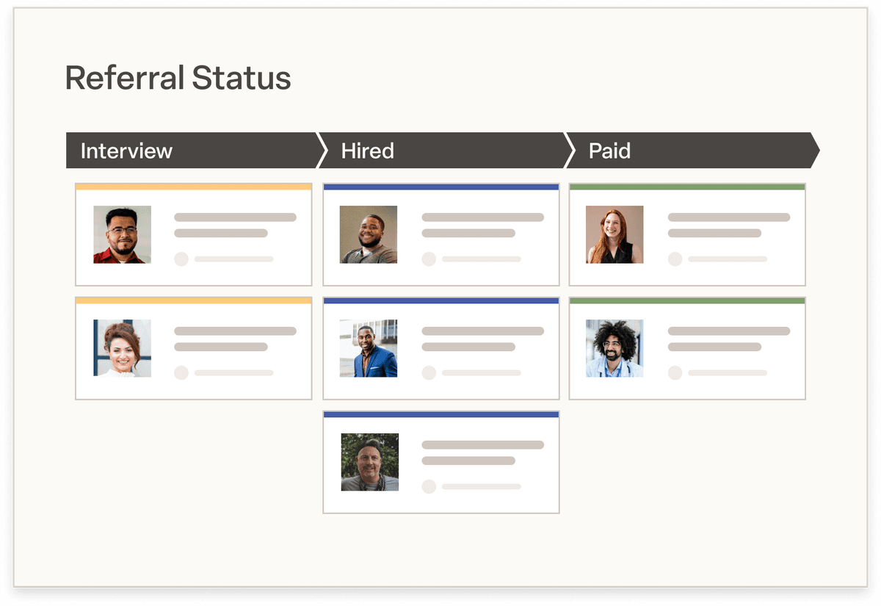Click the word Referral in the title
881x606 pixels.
pos(123,78)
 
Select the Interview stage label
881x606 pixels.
pos(126,151)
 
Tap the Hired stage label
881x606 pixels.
pos(367,151)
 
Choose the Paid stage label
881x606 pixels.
pos(609,151)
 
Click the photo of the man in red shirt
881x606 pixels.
pos(122,234)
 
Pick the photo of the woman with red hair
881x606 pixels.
pos(614,234)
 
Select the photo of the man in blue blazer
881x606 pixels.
pos(369,348)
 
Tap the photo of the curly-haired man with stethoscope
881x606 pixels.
pos(614,348)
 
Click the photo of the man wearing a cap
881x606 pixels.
pos(370,462)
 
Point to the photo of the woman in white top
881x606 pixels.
pos(122,348)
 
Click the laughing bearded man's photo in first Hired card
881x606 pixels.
pos(369,234)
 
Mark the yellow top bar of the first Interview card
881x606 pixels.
pos(193,187)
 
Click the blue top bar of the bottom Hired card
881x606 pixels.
pos(440,415)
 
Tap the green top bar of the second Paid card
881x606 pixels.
pos(687,301)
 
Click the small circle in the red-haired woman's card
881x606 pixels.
pos(675,259)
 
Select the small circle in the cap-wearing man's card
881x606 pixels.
pos(429,487)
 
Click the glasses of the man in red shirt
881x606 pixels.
pos(122,230)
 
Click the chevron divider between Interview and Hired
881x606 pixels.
pos(322,151)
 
